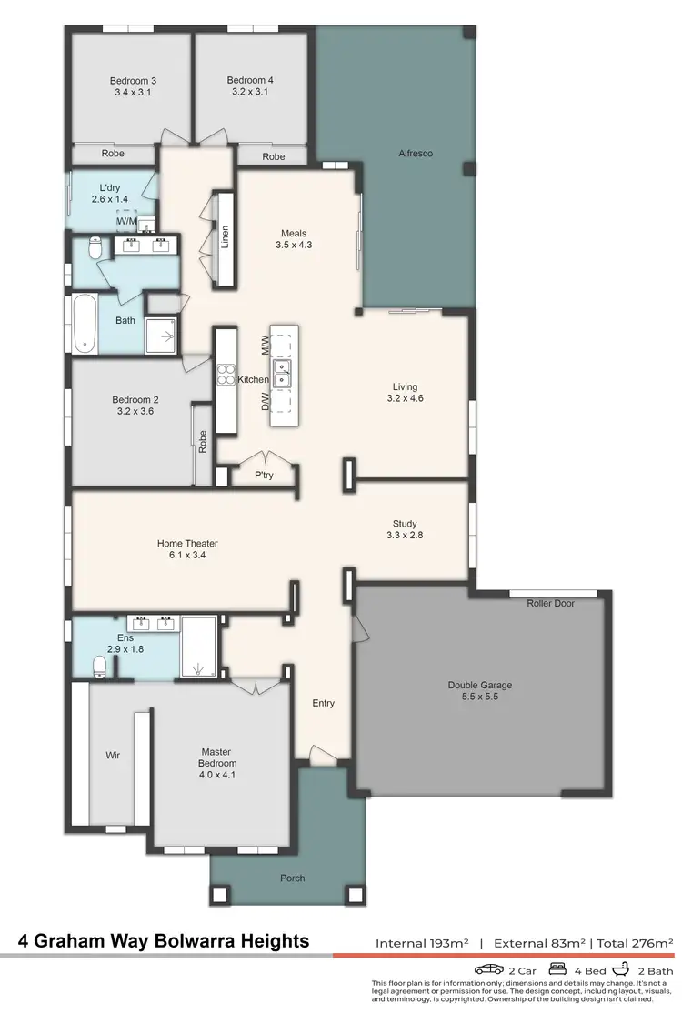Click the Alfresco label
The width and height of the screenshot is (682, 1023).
click(416, 154)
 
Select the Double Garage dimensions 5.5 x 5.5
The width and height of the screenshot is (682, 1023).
click(473, 697)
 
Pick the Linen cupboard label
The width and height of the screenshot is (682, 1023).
click(225, 236)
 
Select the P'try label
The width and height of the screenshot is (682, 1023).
click(264, 476)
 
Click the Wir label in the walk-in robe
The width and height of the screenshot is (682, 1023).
click(113, 755)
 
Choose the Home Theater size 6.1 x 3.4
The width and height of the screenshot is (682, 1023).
click(187, 556)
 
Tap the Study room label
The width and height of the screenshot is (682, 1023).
click(405, 524)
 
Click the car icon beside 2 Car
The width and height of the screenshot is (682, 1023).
click(488, 969)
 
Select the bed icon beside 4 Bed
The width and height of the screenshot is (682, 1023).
click(557, 969)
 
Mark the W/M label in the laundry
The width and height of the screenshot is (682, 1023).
click(125, 221)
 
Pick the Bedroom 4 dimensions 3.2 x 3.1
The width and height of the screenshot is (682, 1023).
click(250, 93)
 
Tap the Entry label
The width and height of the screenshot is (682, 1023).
click(323, 703)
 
